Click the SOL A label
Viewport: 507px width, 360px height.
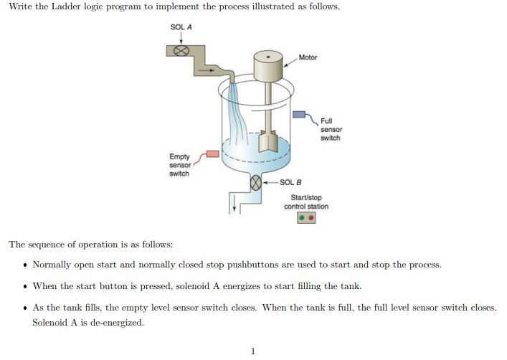[x=181, y=27]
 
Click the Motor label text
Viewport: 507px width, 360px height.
[x=308, y=57]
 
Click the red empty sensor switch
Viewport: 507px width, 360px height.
[x=213, y=153]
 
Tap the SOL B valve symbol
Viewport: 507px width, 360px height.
[x=254, y=184]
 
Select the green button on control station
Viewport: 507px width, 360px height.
[x=303, y=219]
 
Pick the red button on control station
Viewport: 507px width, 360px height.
[x=311, y=219]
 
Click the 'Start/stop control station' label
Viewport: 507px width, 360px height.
[x=306, y=202]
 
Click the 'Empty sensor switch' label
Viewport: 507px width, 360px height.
[x=179, y=165]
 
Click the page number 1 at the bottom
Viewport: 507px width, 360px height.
[x=252, y=351]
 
